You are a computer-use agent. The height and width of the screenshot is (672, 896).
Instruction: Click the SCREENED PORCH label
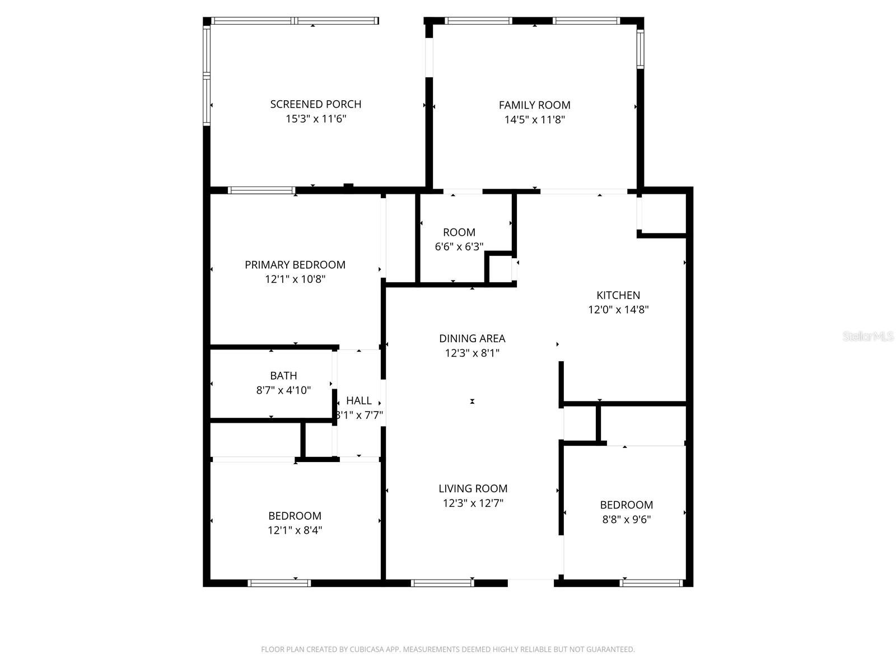coord(316,104)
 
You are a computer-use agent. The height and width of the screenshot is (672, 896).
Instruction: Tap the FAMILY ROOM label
coord(534,105)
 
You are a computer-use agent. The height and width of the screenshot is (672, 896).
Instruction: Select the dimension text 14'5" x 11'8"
coord(534,119)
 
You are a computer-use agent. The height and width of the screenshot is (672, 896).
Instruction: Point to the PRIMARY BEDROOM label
coord(295,264)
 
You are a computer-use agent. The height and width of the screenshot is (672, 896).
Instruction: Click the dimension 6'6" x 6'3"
coord(459,246)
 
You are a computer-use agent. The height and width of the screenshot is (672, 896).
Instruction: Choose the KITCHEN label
coord(618,295)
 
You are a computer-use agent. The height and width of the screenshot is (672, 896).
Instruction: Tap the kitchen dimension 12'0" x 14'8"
coord(618,310)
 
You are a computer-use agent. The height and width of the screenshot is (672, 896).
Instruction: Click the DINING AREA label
coord(472,338)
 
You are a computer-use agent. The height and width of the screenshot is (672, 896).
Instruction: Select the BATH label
coord(283,376)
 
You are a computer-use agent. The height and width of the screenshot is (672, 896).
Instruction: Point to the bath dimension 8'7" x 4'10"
coord(283,390)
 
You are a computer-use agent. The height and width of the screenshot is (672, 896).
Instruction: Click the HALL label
coord(359,400)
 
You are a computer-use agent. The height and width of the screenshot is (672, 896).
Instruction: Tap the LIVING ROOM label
coord(473,488)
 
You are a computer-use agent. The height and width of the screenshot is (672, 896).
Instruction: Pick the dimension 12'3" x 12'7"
coord(473,503)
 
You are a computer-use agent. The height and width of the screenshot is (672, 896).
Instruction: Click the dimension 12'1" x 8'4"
coord(295,530)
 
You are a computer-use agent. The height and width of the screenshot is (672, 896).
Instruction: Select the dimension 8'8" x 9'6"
coord(627,519)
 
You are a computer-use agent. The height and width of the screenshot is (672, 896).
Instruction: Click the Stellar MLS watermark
coord(868,337)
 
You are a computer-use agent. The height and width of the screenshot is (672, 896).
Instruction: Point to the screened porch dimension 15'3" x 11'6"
coord(316,119)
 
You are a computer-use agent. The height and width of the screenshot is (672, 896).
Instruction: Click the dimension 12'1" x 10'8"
coord(295,279)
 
